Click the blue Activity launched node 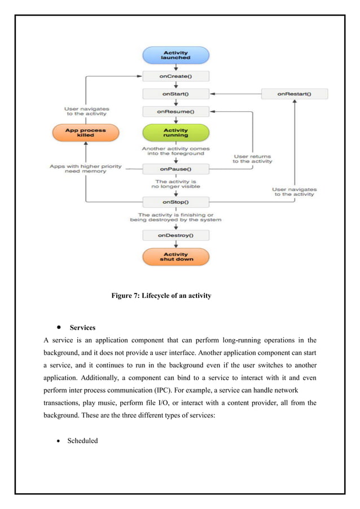[175, 55]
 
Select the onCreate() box [175, 76]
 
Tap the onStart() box [175, 94]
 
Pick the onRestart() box [294, 94]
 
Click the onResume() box [175, 112]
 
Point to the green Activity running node [175, 133]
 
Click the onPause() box [175, 169]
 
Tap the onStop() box [175, 202]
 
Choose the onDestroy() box [175, 235]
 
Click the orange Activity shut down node [175, 257]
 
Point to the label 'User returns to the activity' [252, 159]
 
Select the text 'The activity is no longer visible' [175, 183]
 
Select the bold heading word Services [82, 328]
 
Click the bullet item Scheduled [82, 441]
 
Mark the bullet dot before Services [59, 328]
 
